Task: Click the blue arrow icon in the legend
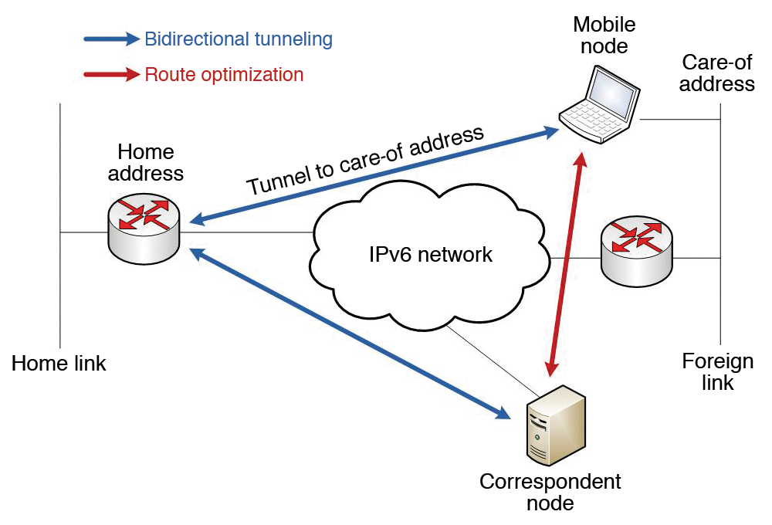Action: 113,38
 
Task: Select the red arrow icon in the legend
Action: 113,75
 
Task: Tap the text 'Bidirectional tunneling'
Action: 239,38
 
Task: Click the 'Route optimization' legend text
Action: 224,75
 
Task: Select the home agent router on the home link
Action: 144,227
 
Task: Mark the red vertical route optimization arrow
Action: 566,262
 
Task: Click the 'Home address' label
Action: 146,162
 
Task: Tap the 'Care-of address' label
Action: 716,73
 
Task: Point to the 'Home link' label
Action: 59,363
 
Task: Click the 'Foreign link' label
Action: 717,371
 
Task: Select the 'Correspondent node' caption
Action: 550,493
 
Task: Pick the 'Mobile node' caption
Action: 600,36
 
